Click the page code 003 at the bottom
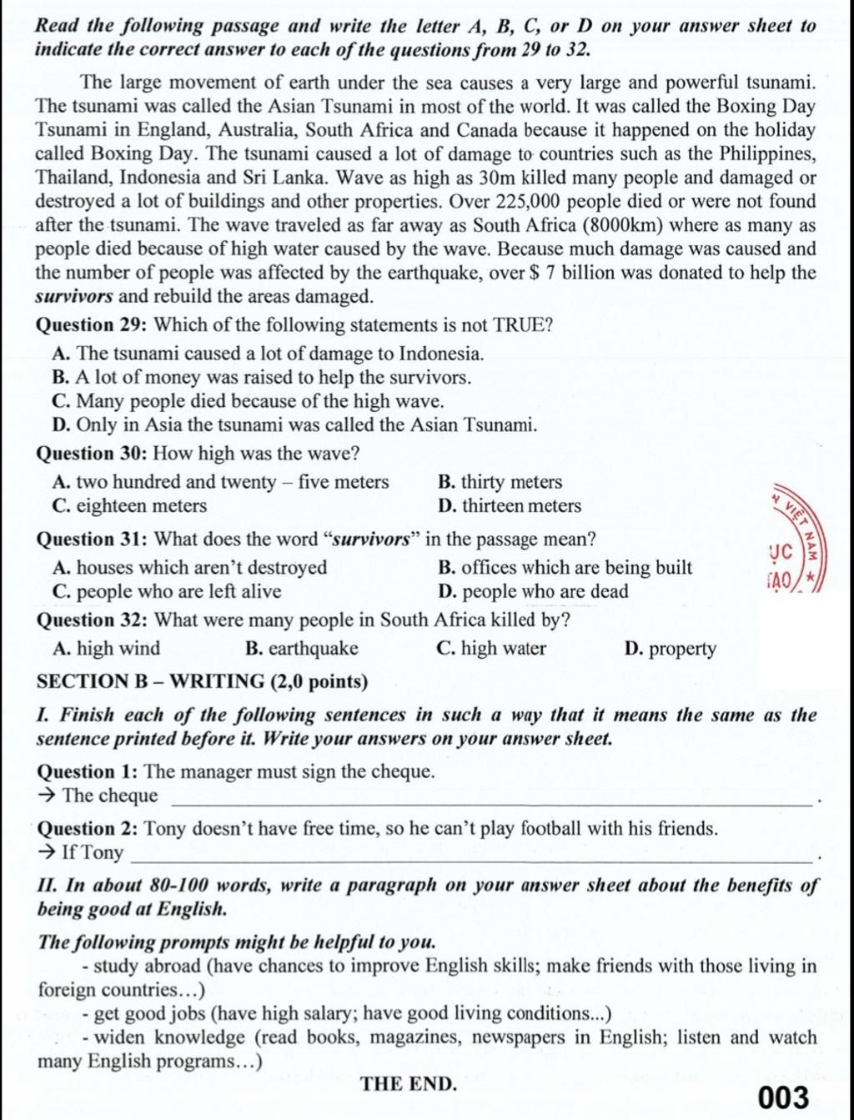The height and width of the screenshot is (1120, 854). (784, 1097)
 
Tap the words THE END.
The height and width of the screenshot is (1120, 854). (409, 1083)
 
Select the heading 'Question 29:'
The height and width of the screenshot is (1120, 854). (93, 325)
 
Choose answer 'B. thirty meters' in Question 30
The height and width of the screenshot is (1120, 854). (500, 482)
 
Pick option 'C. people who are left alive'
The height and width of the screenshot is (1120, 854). (167, 591)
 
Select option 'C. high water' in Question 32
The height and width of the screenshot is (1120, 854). (491, 648)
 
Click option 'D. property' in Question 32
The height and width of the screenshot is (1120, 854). (670, 649)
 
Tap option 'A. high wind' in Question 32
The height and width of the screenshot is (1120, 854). (106, 648)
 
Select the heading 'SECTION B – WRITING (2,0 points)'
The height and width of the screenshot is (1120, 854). (203, 681)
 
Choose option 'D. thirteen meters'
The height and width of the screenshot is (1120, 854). (509, 505)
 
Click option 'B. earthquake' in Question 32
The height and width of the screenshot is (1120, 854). (302, 648)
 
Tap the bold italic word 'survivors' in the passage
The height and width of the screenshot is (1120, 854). (73, 297)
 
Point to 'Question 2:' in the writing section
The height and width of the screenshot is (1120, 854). (88, 828)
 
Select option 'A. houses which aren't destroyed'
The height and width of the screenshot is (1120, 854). (189, 568)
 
